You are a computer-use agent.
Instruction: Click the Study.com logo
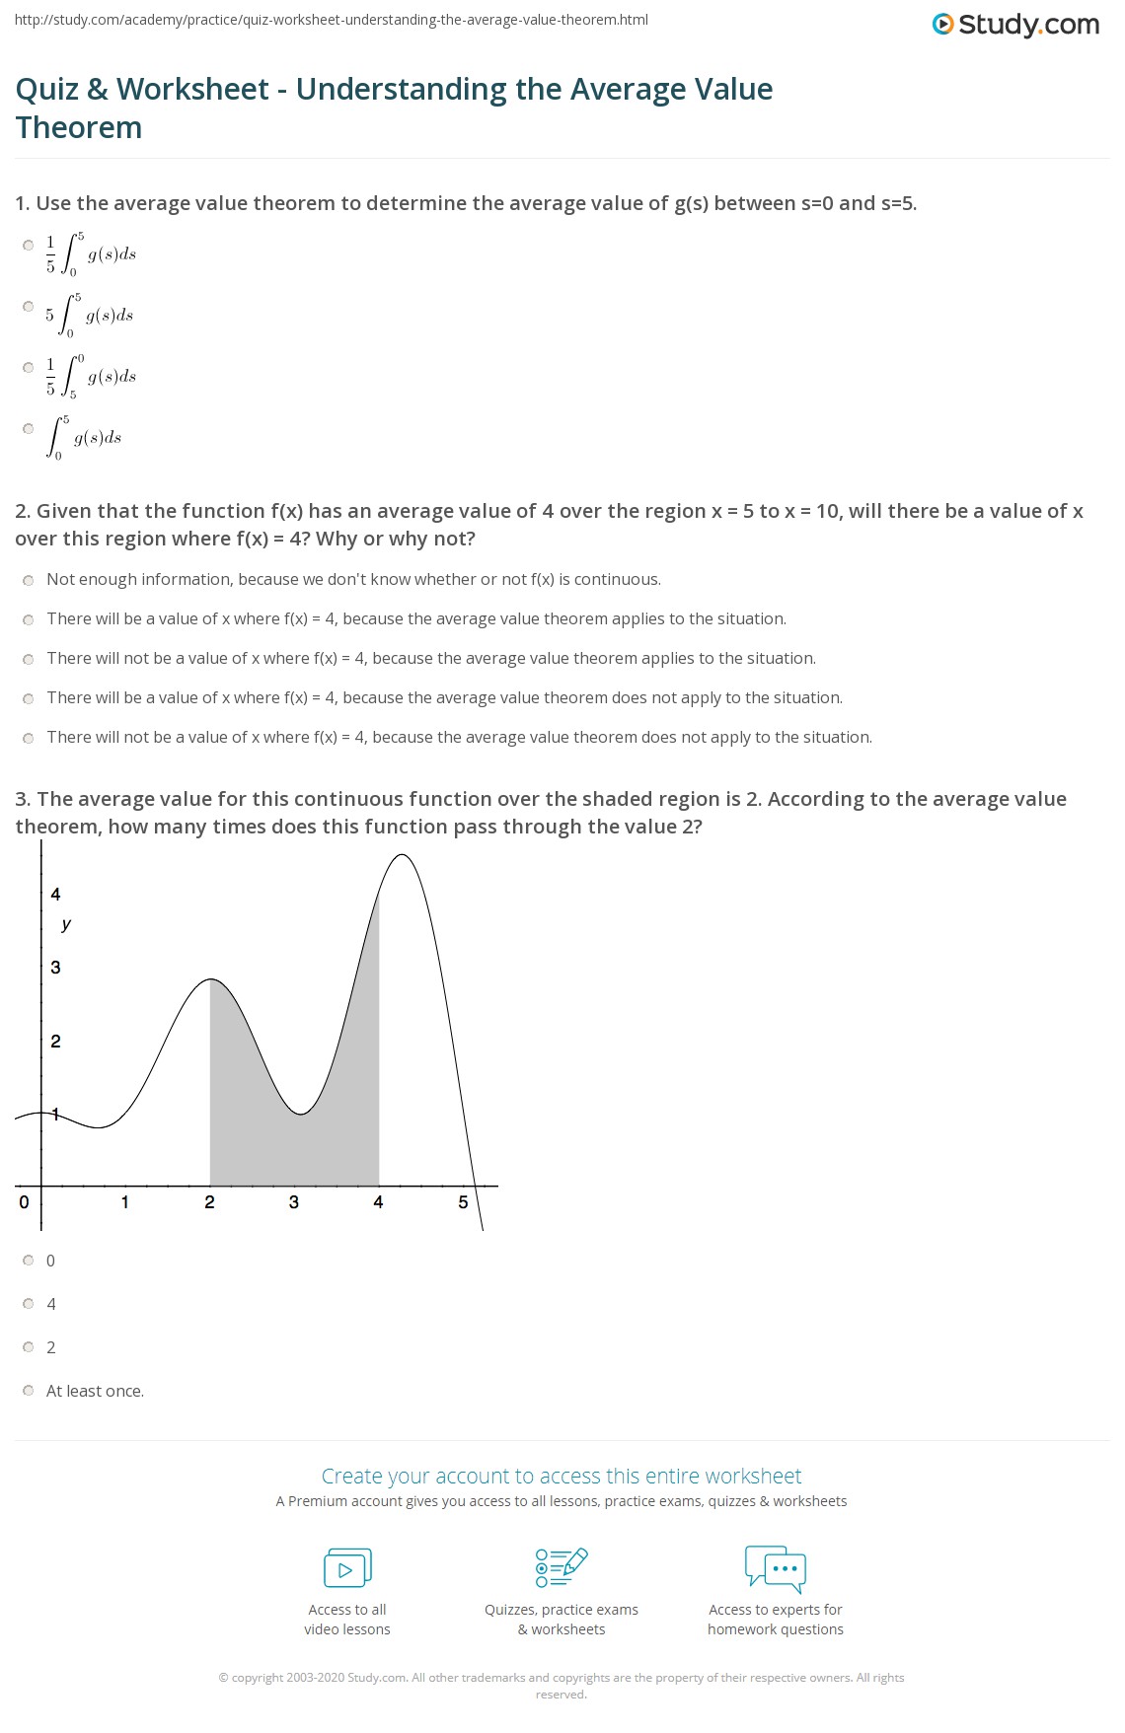tap(1015, 25)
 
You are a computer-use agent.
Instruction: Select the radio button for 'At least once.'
tap(29, 1391)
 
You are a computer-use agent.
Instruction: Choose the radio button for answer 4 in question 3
tap(29, 1304)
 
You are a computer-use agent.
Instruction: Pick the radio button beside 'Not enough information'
tap(29, 580)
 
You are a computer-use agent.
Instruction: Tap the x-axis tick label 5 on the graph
tap(463, 1202)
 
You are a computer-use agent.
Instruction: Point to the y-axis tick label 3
tap(55, 968)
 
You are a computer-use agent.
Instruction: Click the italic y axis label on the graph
tap(66, 924)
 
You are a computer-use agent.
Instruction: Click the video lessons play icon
tap(347, 1568)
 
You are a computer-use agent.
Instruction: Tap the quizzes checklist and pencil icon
tap(562, 1568)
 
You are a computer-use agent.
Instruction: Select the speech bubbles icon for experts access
tap(776, 1568)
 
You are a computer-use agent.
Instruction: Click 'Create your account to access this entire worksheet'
tap(562, 1476)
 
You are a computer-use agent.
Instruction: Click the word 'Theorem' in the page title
tap(79, 128)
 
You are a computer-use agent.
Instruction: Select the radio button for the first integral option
tap(29, 246)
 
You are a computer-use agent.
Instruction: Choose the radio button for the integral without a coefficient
tap(29, 429)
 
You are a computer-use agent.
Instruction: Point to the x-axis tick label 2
tap(209, 1202)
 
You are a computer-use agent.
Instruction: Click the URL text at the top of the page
tap(332, 20)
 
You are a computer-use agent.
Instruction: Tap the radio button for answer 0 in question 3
tap(29, 1261)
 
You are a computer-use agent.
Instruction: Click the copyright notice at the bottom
tap(562, 1686)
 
